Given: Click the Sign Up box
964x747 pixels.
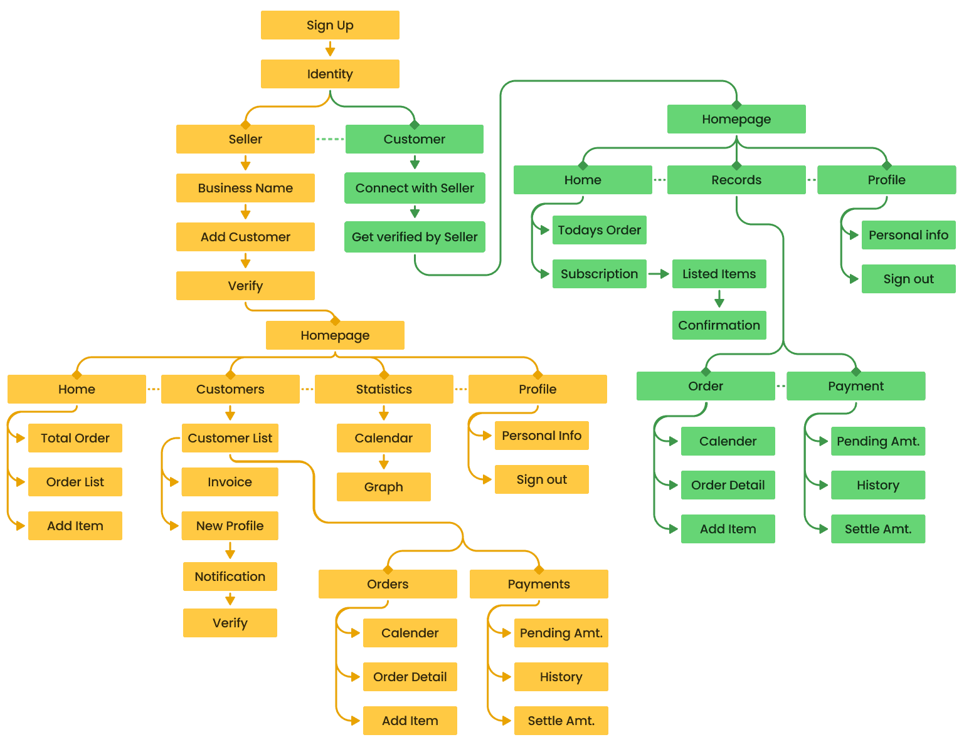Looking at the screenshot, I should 330,25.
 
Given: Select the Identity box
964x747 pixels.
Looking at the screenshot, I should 330,74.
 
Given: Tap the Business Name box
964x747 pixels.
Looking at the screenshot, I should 245,188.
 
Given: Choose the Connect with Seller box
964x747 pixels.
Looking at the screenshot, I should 415,188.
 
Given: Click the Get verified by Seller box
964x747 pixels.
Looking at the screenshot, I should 415,237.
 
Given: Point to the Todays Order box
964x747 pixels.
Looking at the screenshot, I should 599,230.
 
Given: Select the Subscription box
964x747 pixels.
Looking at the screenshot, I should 599,274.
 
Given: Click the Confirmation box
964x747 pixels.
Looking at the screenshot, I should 719,325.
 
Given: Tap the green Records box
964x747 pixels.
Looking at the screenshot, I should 736,180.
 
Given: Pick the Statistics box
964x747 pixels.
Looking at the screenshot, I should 384,389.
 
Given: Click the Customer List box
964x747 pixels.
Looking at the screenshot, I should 230,438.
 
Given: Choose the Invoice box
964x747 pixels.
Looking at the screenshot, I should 230,482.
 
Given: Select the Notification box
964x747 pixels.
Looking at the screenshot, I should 230,577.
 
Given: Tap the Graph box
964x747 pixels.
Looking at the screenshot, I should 383,487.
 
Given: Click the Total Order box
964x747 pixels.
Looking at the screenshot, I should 75,438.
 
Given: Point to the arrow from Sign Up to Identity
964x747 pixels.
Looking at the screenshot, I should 330,50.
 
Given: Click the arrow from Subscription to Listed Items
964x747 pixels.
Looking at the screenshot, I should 659,274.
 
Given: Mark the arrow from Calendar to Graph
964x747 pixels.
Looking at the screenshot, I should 384,462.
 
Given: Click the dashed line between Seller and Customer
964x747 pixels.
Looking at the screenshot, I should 330,139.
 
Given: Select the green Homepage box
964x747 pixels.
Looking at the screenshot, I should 736,119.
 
